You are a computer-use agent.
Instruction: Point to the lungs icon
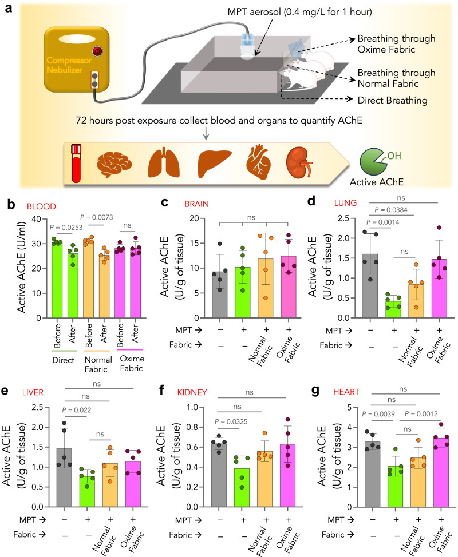164,161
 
